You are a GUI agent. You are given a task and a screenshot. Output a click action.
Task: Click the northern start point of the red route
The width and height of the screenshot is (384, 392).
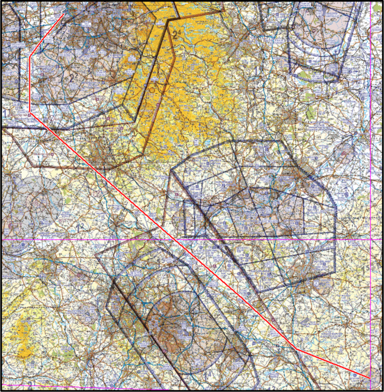coord(63,14)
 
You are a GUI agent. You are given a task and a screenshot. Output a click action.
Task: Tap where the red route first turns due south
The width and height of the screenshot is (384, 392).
coord(30,56)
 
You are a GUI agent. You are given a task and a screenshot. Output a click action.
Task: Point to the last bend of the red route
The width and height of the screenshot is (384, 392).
coord(296,348)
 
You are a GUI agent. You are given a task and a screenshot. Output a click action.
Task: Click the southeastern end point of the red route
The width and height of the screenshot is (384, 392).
coord(369,377)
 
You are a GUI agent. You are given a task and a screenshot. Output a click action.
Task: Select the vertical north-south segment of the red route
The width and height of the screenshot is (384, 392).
coord(30,85)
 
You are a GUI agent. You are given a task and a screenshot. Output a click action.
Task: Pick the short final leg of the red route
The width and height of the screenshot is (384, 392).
coord(332,362)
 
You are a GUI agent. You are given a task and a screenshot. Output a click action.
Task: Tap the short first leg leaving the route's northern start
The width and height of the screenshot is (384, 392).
coord(46,35)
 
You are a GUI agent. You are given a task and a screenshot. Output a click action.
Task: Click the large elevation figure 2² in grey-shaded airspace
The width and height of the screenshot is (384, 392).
coord(71,77)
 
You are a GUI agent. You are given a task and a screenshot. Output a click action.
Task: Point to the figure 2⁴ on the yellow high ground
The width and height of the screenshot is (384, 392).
coord(176,34)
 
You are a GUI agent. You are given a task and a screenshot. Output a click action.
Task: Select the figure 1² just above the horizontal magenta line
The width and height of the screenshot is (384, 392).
coord(79,228)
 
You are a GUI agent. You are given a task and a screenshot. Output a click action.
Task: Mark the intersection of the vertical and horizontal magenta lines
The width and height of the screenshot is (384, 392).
coord(370,239)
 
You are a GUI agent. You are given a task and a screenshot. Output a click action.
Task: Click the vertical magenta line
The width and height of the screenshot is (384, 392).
coord(370,150)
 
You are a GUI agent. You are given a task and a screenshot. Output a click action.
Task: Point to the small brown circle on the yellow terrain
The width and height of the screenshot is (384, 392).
coord(152,90)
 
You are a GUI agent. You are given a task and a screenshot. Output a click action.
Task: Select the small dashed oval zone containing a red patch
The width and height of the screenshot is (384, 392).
coord(345,148)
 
